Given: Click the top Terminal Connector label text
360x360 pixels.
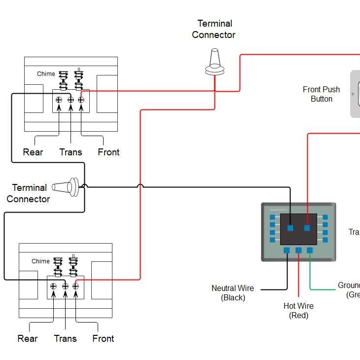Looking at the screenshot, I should point(214,29).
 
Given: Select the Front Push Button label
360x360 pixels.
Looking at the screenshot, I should point(321,94).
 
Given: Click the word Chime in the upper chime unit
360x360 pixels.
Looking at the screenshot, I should point(46,74).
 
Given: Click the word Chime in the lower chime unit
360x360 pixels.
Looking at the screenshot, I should point(40,261).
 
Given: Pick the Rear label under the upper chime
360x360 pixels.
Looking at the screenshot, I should point(33,152).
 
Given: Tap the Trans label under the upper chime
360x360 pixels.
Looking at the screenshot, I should point(71,152).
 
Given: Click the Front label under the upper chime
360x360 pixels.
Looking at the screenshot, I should point(108,152).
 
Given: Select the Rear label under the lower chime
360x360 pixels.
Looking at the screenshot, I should point(28,338).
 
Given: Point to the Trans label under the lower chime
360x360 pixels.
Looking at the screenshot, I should point(65,338).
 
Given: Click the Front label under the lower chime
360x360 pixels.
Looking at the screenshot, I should point(103,338).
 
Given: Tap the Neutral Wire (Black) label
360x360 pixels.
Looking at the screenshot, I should point(233,293).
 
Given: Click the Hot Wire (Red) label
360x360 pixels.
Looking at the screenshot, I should point(298,311).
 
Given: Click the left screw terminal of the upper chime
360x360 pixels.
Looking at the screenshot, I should point(59,100).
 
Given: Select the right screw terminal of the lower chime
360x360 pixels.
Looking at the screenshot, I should point(75,286).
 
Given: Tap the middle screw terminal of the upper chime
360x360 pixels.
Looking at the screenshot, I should point(71,100).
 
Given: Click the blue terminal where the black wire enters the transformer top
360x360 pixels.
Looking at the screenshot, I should point(290,228).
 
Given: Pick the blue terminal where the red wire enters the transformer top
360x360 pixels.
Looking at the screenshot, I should point(307,228).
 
